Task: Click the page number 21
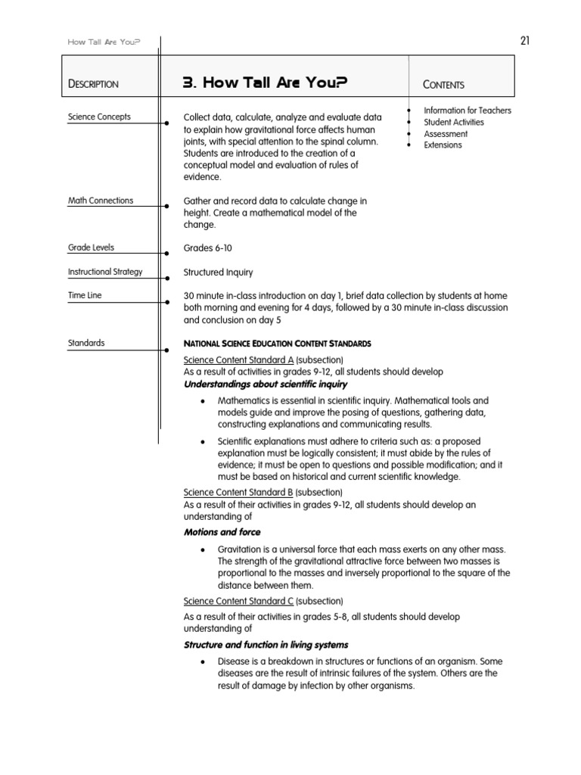[524, 41]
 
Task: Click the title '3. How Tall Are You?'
[266, 83]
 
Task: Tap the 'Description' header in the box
[93, 84]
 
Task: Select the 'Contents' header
[444, 85]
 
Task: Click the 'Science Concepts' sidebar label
[99, 117]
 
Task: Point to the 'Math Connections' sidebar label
[101, 201]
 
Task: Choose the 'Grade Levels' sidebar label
[92, 247]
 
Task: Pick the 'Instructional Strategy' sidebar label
[105, 272]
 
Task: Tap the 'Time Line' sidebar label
[85, 295]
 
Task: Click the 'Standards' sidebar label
[86, 343]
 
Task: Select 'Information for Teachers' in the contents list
[467, 110]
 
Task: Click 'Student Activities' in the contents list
[454, 122]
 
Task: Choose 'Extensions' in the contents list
[443, 145]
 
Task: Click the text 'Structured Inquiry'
[219, 272]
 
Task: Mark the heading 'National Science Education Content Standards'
[278, 344]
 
